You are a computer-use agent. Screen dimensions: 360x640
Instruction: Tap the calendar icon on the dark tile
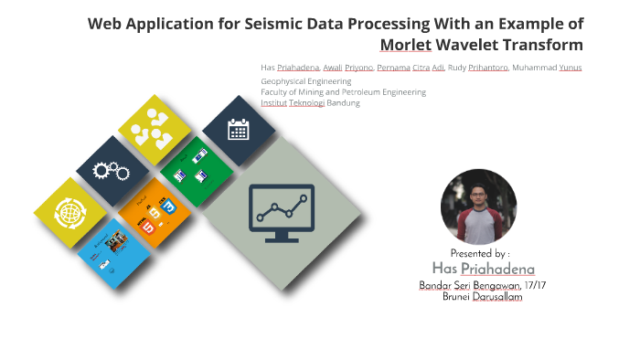pyautogui.click(x=238, y=130)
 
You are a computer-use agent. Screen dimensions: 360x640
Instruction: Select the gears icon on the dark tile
pyautogui.click(x=112, y=171)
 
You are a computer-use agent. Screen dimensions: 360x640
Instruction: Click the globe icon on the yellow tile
pyautogui.click(x=70, y=213)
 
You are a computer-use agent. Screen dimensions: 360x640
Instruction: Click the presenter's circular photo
pyautogui.click(x=478, y=206)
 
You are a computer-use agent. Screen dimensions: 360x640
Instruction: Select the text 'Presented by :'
pyautogui.click(x=479, y=253)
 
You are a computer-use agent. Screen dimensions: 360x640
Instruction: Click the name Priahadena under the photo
pyautogui.click(x=497, y=269)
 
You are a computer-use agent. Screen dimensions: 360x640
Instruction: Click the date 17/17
pyautogui.click(x=535, y=285)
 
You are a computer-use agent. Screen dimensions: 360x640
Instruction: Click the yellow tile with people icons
pyautogui.click(x=154, y=130)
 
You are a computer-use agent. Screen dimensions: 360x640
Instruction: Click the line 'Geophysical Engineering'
pyautogui.click(x=305, y=81)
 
